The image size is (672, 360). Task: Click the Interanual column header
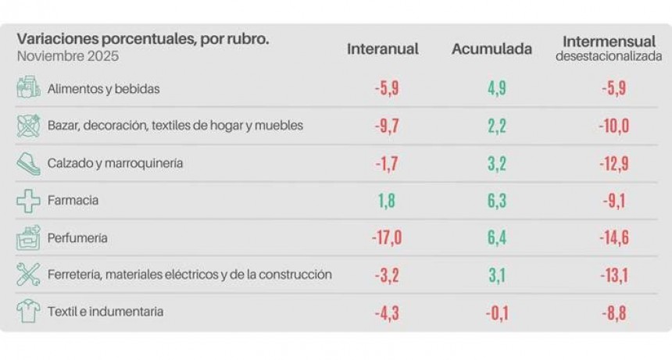383,49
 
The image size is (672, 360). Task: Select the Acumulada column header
491,49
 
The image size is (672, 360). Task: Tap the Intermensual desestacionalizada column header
608,48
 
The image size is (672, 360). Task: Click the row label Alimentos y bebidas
103,89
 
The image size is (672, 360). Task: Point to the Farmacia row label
73,201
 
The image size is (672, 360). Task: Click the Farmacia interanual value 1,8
386,201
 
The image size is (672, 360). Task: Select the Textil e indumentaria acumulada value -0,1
497,312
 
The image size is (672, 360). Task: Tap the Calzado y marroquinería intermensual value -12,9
613,163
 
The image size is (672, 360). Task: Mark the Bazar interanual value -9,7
386,126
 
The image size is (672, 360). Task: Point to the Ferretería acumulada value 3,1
497,275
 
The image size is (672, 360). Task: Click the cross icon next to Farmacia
28,201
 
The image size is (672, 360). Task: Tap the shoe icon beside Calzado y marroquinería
28,163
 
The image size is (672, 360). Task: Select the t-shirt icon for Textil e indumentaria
28,312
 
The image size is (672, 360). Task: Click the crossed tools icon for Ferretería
28,275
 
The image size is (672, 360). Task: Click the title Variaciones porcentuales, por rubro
142,40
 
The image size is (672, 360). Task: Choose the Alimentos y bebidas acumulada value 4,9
497,88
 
